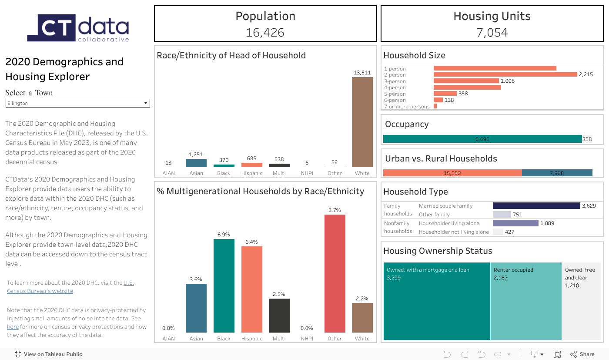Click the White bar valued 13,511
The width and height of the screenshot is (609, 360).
tap(362, 122)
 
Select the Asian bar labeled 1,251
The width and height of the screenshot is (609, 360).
tap(196, 163)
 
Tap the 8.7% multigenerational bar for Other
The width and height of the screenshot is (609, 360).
tap(335, 273)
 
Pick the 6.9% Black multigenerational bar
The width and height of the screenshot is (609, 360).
tap(224, 286)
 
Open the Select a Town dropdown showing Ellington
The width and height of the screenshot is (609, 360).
tap(77, 103)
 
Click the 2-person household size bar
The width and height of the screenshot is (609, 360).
tap(505, 74)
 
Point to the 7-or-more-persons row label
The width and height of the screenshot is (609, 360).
tap(407, 107)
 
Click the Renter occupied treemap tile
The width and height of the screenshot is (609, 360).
tap(526, 301)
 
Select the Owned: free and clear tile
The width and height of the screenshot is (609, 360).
tap(581, 301)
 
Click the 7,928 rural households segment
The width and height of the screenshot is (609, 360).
tap(557, 173)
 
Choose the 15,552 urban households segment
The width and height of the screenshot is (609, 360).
tap(452, 173)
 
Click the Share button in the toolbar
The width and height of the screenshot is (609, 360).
tap(582, 354)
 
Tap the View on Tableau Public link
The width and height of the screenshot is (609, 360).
tap(53, 354)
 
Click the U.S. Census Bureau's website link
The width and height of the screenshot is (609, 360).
tap(40, 291)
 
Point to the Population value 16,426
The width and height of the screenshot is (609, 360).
tap(265, 32)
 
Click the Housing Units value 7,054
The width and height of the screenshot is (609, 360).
tap(492, 32)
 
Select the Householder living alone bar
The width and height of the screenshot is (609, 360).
tap(515, 223)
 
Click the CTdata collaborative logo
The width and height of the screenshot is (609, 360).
tap(78, 28)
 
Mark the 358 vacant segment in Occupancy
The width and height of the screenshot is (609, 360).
tap(587, 139)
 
